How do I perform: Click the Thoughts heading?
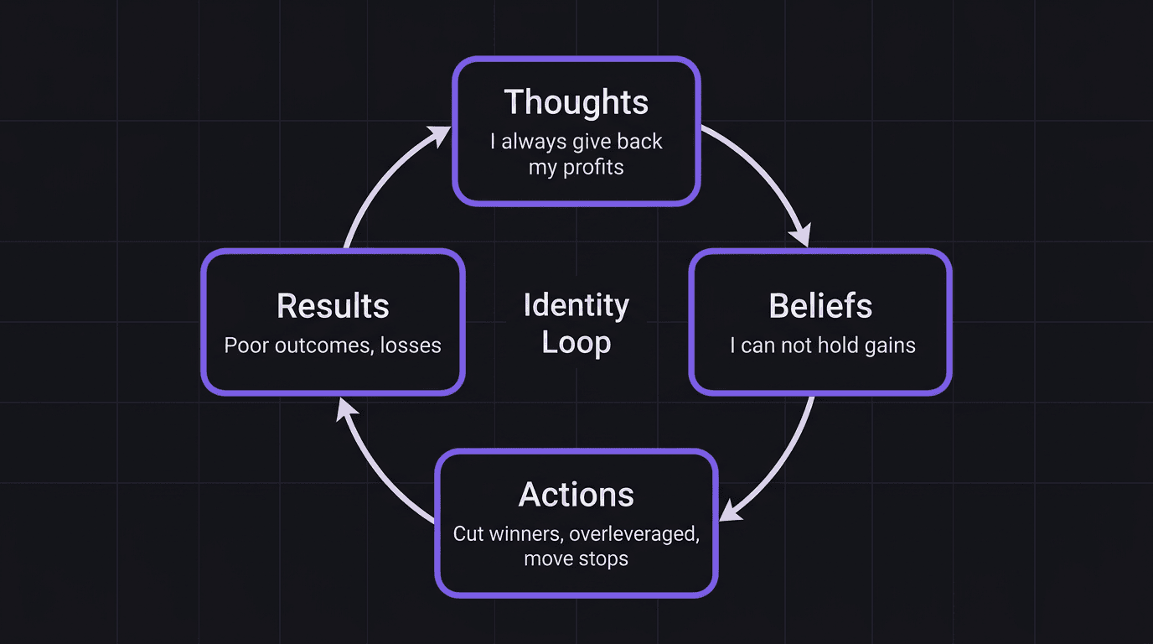[x=576, y=102]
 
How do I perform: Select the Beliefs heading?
[x=820, y=306]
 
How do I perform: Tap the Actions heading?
[x=576, y=494]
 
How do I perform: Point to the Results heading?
[x=333, y=306]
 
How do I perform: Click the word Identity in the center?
[x=576, y=305]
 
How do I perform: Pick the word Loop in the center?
[x=576, y=342]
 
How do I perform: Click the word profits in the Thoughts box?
[x=593, y=167]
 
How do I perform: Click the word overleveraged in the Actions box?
[x=633, y=533]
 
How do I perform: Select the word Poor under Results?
[x=243, y=345]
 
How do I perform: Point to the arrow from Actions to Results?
[x=377, y=470]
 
